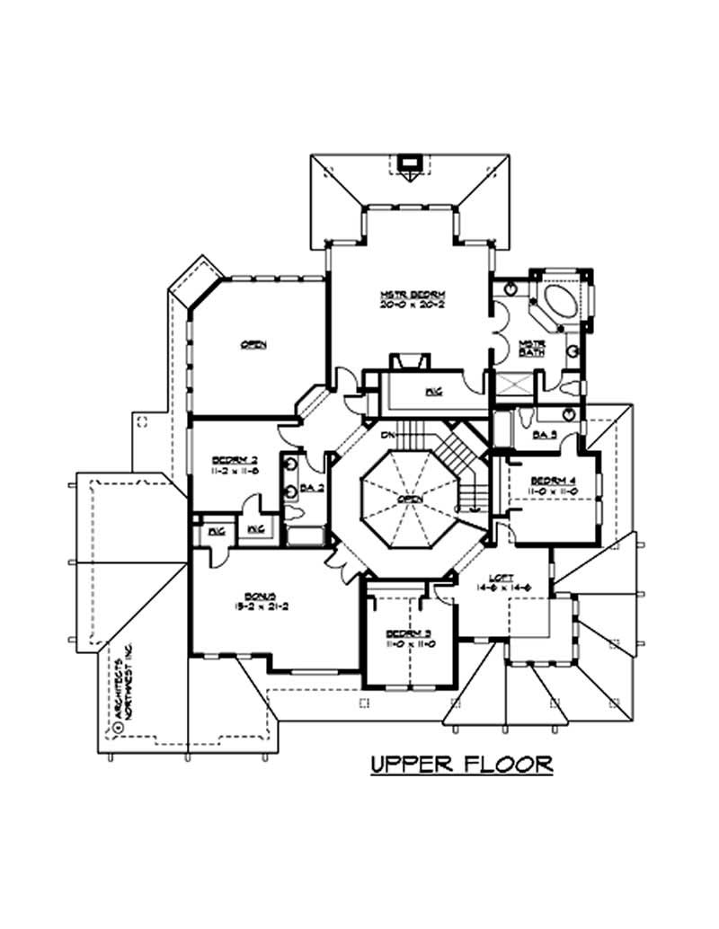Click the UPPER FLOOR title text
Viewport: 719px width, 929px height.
click(461, 765)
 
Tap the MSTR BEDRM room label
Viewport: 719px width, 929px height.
click(413, 295)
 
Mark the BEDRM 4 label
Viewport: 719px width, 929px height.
click(552, 480)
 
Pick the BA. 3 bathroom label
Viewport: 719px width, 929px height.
click(545, 435)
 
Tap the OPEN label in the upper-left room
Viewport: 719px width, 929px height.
click(253, 345)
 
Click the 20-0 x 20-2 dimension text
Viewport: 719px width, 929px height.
click(413, 305)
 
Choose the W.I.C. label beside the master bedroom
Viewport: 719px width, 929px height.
click(432, 392)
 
